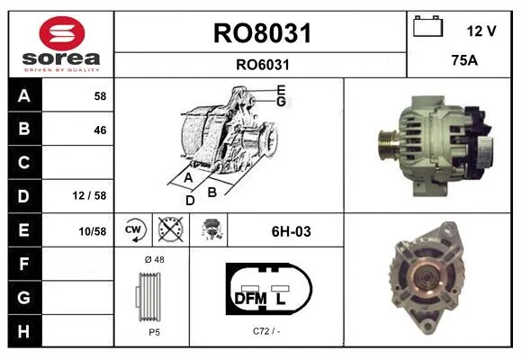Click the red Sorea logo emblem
62,33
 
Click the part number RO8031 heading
262,33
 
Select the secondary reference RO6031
263,65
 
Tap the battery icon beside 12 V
428,26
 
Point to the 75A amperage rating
464,60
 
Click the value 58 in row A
100,96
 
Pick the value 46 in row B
100,130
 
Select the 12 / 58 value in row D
89,195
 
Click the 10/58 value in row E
93,231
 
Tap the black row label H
24,331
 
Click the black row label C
24,163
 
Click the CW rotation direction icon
134,229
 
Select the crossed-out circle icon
170,229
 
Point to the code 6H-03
292,231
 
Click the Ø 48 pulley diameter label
155,259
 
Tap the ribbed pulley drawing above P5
148,297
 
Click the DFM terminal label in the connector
251,299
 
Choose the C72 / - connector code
266,331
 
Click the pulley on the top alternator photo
388,145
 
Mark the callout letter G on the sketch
282,101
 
